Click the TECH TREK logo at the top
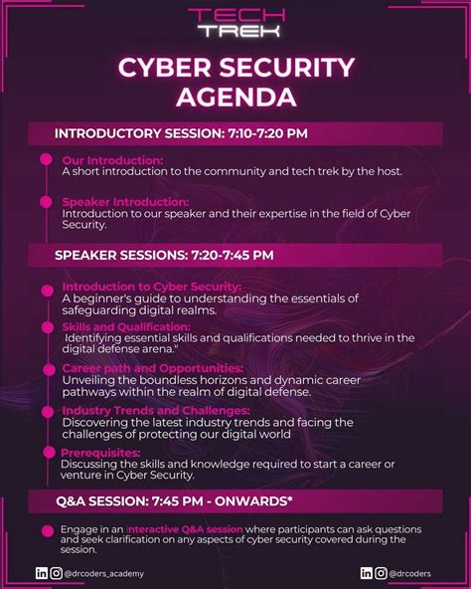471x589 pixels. click(235, 22)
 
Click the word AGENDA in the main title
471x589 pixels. click(235, 98)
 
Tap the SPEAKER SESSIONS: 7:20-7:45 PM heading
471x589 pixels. click(164, 255)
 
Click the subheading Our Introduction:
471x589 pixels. click(112, 160)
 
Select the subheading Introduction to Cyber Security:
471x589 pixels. click(151, 287)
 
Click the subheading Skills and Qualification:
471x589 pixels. click(126, 326)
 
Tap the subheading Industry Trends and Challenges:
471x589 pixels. click(156, 410)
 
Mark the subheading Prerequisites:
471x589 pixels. click(102, 452)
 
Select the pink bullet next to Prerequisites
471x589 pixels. click(46, 454)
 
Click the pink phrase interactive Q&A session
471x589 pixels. click(185, 529)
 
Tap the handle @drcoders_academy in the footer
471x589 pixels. click(105, 573)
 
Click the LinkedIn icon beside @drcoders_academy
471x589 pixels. click(41, 573)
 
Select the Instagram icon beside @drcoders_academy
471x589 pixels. click(56, 573)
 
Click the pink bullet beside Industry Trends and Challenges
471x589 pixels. click(46, 412)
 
